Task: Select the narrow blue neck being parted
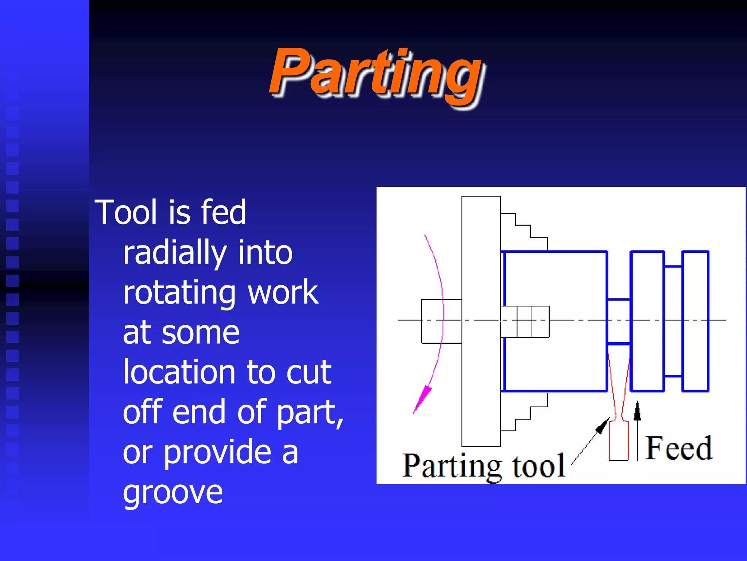619,321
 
